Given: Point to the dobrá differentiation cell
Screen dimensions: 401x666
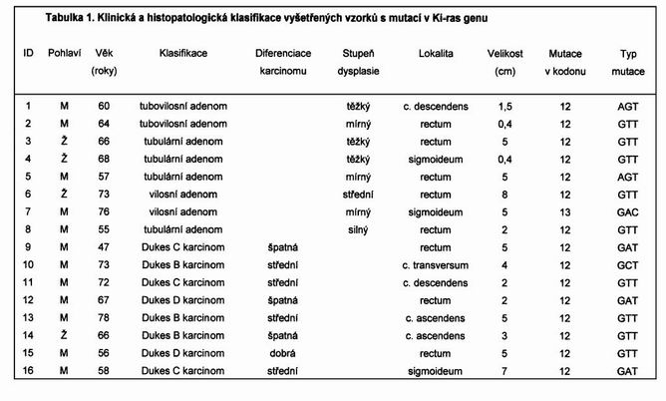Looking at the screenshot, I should [283, 352].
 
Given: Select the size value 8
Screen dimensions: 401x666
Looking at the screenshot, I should [506, 194].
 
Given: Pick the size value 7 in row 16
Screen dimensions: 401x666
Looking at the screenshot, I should [506, 370].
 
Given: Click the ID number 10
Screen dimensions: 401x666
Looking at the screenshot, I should [28, 264].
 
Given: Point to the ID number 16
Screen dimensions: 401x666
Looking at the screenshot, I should [28, 370].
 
